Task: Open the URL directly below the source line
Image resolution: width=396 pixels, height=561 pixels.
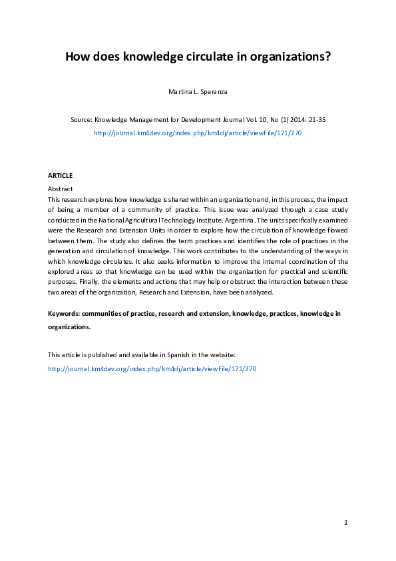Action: click(198, 133)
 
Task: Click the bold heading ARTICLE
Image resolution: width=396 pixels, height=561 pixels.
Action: click(60, 175)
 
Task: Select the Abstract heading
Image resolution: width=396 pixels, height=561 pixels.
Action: click(62, 189)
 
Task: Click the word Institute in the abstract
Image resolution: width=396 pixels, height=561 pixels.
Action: click(200, 219)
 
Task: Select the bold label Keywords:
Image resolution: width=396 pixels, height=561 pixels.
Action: click(64, 313)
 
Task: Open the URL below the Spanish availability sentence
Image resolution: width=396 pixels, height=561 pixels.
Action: click(152, 368)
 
